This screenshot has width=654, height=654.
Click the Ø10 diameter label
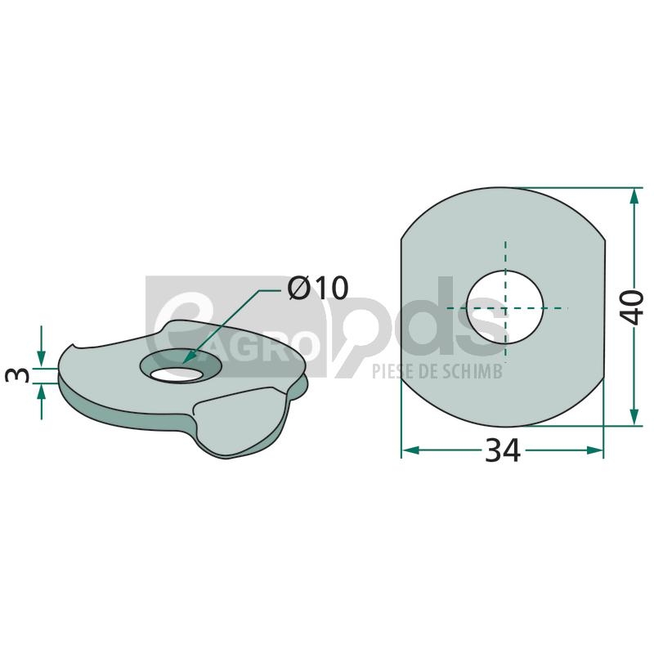pyautogui.click(x=318, y=288)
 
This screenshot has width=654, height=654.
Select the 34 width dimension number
pyautogui.click(x=503, y=450)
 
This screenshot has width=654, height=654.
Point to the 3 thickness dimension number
pyautogui.click(x=18, y=375)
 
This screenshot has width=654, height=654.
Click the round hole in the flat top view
pyautogui.click(x=505, y=308)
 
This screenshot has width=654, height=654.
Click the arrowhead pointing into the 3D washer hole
pyautogui.click(x=189, y=356)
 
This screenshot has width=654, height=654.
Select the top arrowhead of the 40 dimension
pyautogui.click(x=634, y=195)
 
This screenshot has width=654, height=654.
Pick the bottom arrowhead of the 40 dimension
pyautogui.click(x=634, y=417)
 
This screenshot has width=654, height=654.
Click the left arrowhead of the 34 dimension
pyautogui.click(x=410, y=450)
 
